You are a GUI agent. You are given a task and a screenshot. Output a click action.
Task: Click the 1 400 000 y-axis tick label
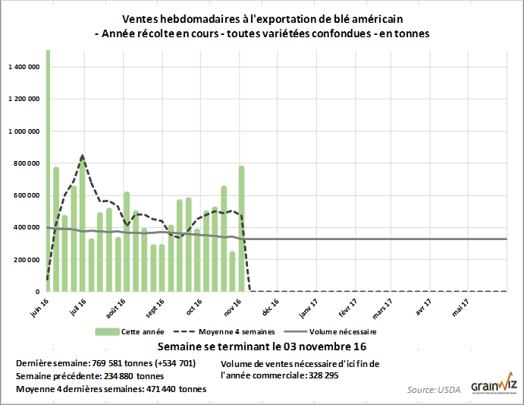24,67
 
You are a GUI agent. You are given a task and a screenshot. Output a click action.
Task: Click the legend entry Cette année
136,332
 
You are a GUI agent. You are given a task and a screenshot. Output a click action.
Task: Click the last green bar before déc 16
242,228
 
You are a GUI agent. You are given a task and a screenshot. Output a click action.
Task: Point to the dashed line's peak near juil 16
82,156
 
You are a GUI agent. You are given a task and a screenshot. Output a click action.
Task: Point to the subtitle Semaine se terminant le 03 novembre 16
262,347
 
